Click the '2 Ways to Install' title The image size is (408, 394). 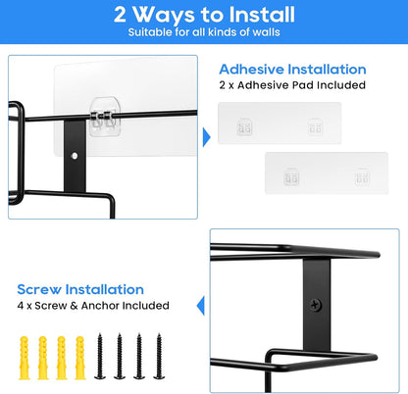[204, 15]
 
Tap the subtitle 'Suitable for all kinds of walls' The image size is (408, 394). [204, 32]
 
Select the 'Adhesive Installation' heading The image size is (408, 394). [292, 70]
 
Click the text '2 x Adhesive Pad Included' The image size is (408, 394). [292, 85]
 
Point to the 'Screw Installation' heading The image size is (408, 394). [80, 289]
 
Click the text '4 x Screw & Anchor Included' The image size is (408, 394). [93, 306]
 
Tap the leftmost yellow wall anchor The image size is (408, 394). [25, 358]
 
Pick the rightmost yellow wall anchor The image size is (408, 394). [80, 358]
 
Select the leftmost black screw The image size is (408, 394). [100, 356]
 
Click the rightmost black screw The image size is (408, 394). [159, 356]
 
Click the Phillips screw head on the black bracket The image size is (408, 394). [316, 305]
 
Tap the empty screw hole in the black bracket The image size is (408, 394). [75, 156]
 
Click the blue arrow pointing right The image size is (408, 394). [207, 137]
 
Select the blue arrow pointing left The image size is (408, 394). [200, 306]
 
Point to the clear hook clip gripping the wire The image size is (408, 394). [105, 117]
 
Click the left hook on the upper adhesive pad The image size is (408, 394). [244, 126]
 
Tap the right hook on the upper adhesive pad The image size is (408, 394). [315, 126]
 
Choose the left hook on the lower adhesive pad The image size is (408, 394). [291, 177]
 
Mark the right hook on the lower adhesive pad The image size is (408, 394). [362, 177]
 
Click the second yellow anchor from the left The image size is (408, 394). [43, 358]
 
